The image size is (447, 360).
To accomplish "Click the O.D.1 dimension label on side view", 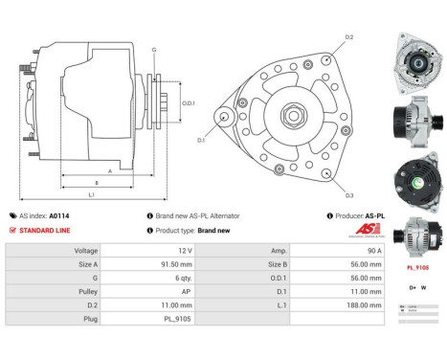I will (x=189, y=103).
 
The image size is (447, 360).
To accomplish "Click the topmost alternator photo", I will (x=417, y=59).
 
